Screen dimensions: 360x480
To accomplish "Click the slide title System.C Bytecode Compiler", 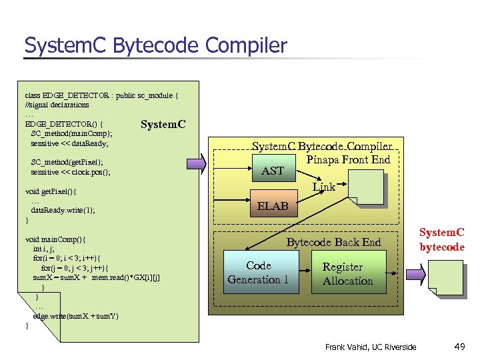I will pyautogui.click(x=155, y=45).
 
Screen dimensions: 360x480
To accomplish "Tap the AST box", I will pyautogui.click(x=273, y=171).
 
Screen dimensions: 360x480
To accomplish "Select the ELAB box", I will pyautogui.click(x=273, y=206).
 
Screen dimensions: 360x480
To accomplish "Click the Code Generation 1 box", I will pyautogui.click(x=258, y=273).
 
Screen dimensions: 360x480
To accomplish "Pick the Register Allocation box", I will pyautogui.click(x=347, y=274).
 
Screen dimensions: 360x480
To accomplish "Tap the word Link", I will pyautogui.click(x=324, y=187).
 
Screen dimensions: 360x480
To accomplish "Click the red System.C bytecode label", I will pyautogui.click(x=441, y=240).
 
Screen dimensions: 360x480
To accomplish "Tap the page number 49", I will pyautogui.click(x=459, y=346).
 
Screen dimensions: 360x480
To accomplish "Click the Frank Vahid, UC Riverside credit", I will pyautogui.click(x=371, y=347).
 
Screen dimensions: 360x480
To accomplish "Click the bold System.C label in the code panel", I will pyautogui.click(x=163, y=124).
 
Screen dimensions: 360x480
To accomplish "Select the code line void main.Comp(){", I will pyautogui.click(x=55, y=239).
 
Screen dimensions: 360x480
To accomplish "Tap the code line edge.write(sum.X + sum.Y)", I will pyautogui.click(x=75, y=316).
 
